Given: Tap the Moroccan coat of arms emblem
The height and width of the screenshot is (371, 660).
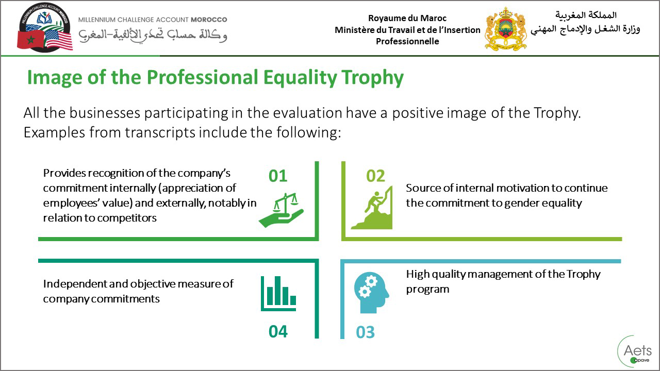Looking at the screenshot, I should click(x=506, y=29).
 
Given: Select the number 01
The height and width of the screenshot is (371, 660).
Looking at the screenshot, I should click(x=278, y=176).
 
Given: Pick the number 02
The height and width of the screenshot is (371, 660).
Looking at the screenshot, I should click(x=375, y=176).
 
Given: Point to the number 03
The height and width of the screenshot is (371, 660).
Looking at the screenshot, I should click(x=365, y=332).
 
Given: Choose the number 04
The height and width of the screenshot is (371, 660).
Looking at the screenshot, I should click(x=278, y=331).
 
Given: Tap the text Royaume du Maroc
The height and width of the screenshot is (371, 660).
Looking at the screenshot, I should click(x=407, y=19).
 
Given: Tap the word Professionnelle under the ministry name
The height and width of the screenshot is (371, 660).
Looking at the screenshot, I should click(x=407, y=41).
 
